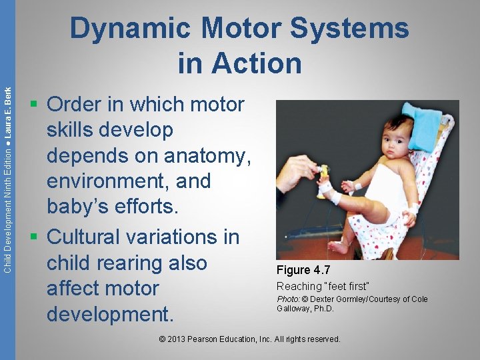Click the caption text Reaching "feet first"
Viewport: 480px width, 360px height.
[x=323, y=286]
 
